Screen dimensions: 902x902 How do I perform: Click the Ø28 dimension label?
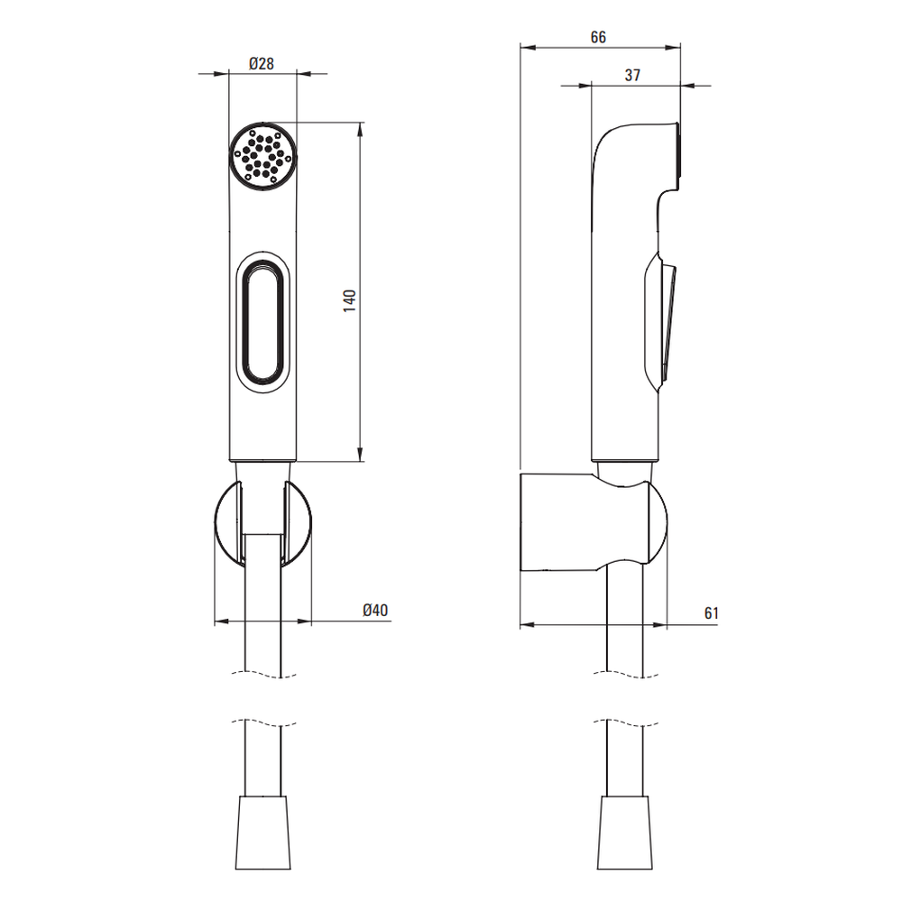click(262, 63)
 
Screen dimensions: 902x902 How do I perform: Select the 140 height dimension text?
click(349, 301)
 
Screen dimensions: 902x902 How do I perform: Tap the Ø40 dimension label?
click(375, 610)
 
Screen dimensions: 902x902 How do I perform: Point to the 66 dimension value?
click(598, 37)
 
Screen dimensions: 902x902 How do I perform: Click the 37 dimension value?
click(632, 75)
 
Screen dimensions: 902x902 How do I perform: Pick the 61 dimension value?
click(712, 613)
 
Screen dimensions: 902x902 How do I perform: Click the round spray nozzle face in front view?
click(263, 156)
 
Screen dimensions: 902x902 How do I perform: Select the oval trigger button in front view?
click(262, 322)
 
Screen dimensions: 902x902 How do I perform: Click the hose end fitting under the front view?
click(262, 833)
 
